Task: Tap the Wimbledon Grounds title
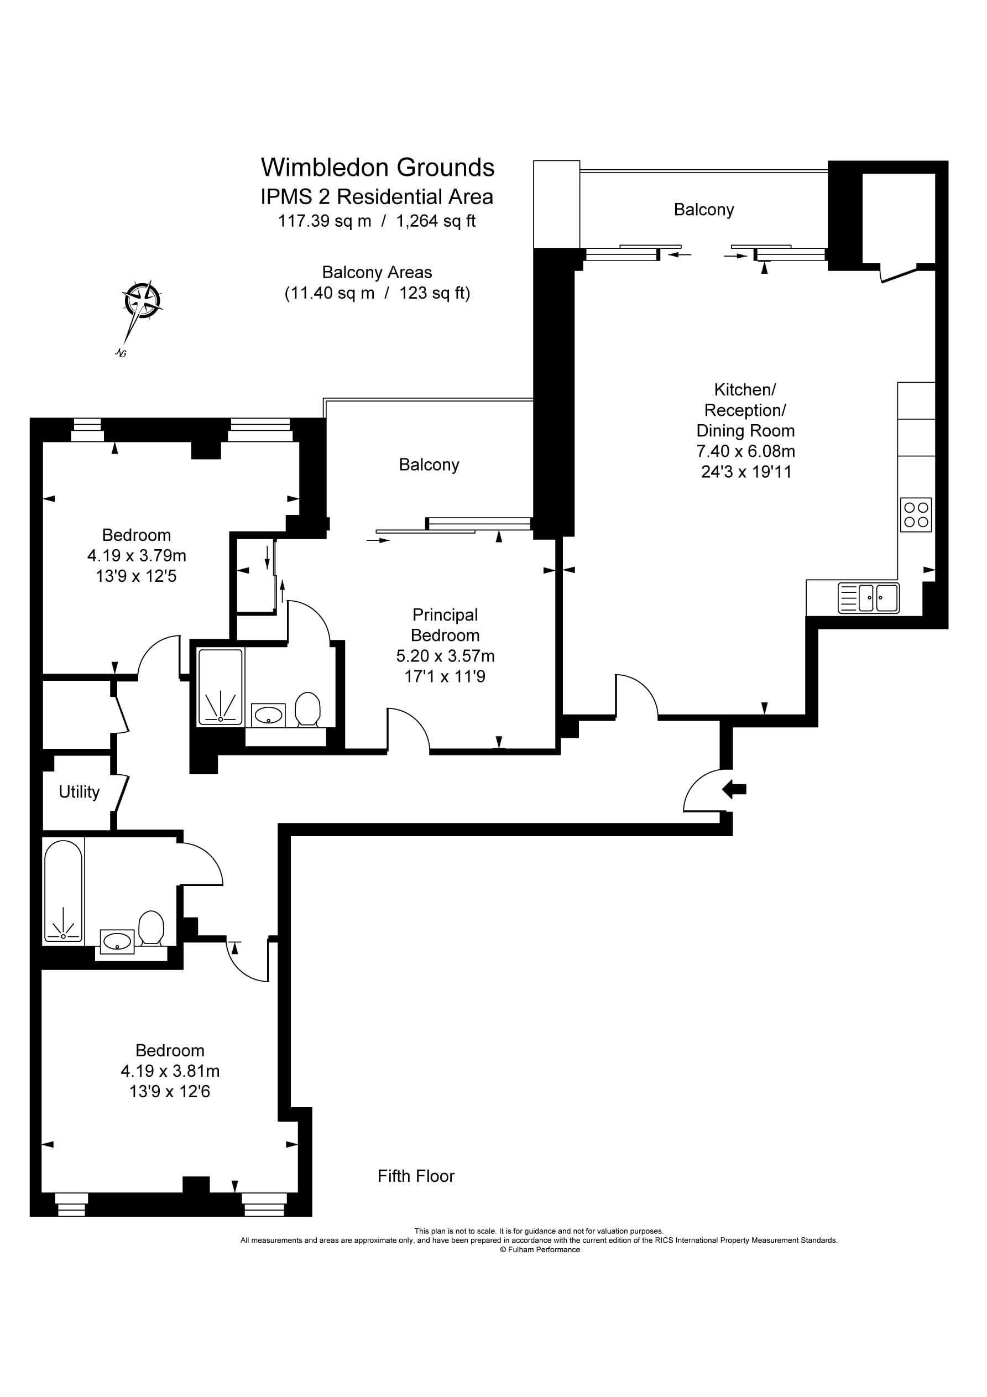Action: pos(377,168)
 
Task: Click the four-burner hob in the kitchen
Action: pos(916,514)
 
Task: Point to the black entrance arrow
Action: pos(734,790)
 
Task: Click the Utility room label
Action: pos(79,791)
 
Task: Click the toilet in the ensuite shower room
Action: pos(308,709)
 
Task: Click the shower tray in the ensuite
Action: pos(220,687)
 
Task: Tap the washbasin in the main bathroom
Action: pos(117,941)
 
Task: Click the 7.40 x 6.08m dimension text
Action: pos(745,451)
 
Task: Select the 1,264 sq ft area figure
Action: pos(436,221)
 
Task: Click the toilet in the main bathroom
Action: pos(151,927)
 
